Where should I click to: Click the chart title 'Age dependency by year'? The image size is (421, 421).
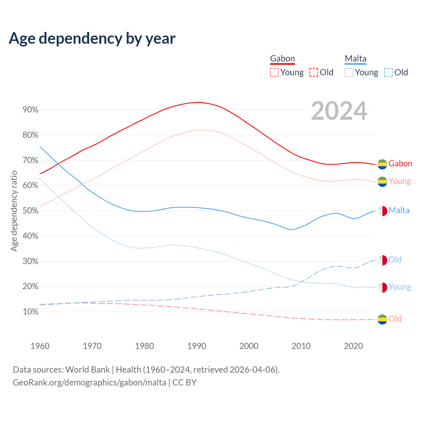92,38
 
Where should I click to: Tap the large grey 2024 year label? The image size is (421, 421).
339,111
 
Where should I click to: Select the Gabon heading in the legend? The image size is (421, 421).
282,59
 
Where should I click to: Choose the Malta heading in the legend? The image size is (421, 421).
356,59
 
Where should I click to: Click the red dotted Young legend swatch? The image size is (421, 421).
274,72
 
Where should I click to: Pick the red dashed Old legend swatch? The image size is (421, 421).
314,72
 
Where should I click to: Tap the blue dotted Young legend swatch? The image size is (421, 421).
349,72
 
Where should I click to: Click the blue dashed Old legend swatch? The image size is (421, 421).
388,72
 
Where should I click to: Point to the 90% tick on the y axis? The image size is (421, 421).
31,110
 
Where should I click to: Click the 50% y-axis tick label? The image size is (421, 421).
31,211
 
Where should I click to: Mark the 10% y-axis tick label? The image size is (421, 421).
31,312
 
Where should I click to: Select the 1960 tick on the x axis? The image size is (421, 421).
40,346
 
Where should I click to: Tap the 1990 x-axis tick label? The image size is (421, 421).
197,346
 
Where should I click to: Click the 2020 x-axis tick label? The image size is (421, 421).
353,346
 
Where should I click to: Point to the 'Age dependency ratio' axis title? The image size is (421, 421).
14,211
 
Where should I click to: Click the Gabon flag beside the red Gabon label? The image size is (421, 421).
382,164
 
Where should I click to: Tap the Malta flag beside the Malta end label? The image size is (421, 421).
382,211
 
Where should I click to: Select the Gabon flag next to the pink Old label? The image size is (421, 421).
382,319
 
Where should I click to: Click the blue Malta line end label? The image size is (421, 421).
399,210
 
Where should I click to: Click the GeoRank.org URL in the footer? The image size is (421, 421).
89,383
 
